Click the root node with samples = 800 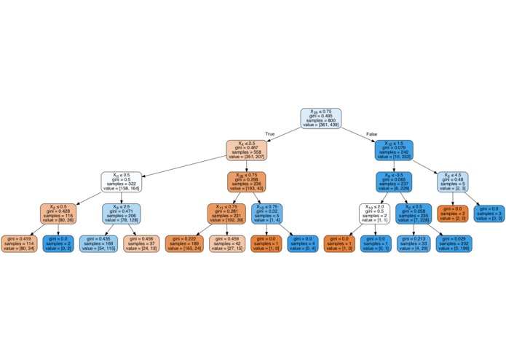point(321,119)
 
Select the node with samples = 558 point(247,150)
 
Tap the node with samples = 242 point(394,150)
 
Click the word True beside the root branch point(270,134)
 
